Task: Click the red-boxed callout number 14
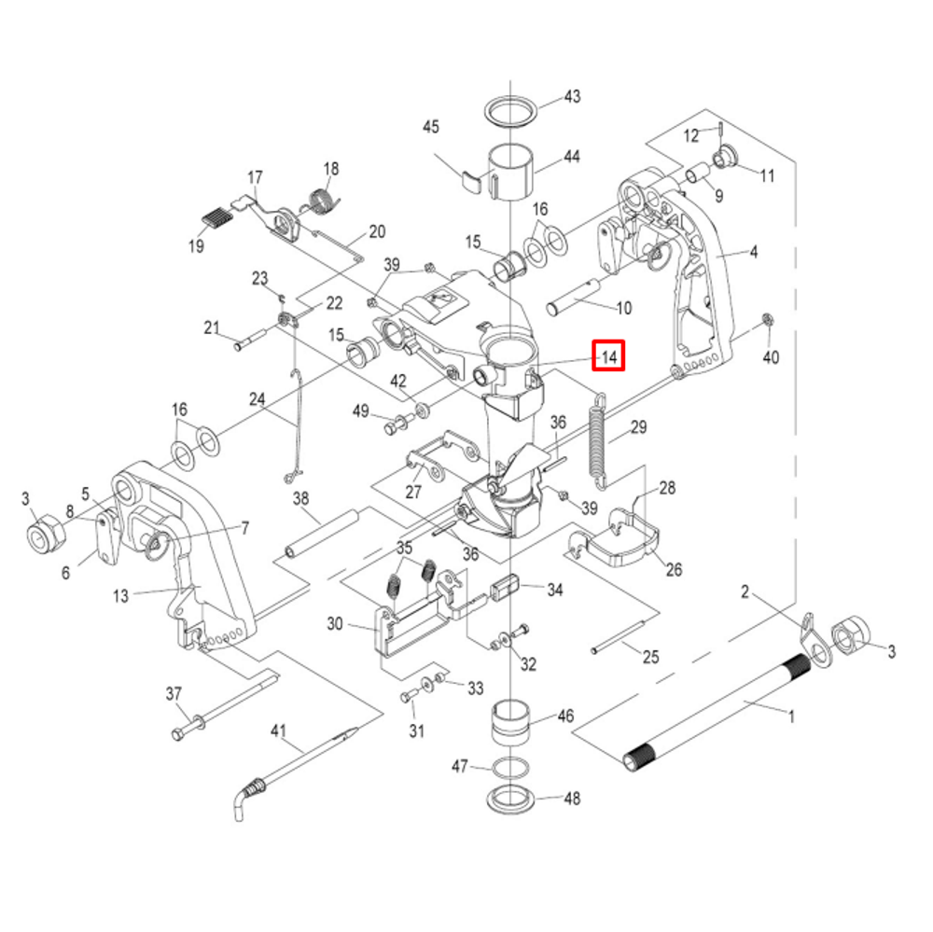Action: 608,355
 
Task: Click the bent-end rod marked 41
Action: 299,760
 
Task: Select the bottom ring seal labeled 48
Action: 510,800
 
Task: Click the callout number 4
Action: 754,252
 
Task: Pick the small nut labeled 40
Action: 768,320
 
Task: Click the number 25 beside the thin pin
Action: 649,657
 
